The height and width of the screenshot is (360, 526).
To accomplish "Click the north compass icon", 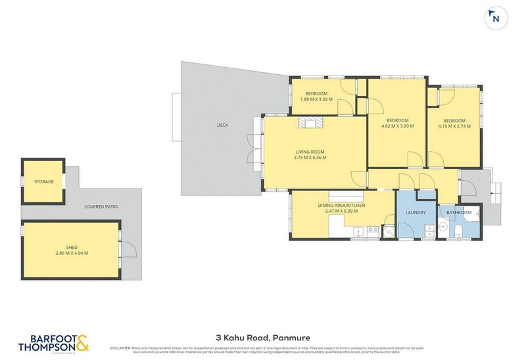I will [495, 18].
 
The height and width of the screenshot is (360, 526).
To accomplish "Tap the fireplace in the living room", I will [310, 123].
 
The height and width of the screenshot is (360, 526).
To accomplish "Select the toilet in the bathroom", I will [458, 230].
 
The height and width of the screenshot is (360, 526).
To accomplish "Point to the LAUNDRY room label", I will [416, 213].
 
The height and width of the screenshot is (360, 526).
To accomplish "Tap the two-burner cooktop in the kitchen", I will [373, 230].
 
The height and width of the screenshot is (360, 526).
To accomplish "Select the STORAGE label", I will [44, 181].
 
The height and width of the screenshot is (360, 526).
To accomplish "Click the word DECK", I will [222, 125].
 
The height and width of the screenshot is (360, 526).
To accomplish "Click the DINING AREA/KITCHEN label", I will [341, 206].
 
